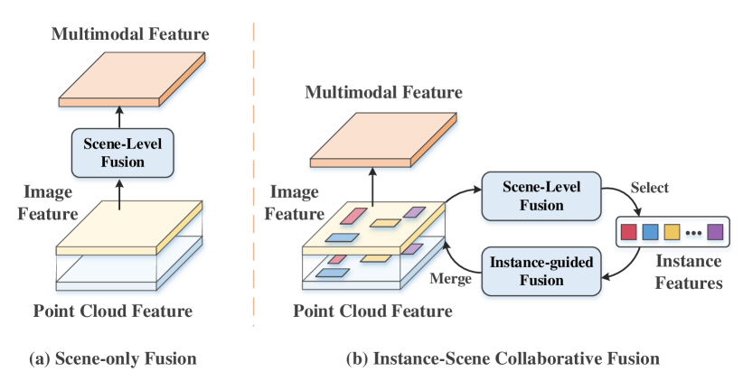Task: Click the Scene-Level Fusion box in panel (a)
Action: tap(120, 152)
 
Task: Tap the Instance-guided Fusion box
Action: tap(541, 270)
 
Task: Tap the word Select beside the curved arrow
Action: tap(650, 188)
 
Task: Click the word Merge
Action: tap(451, 279)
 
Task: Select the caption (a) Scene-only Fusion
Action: tap(113, 358)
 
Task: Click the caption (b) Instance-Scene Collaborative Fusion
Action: tap(503, 358)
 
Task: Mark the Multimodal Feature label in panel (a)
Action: tap(130, 35)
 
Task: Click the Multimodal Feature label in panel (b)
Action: tap(384, 93)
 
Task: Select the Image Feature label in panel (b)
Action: tap(296, 203)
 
